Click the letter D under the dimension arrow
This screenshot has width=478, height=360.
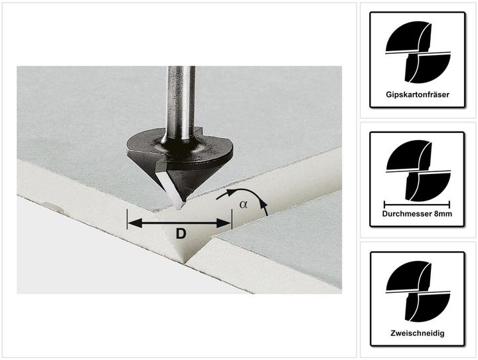pyautogui.click(x=181, y=234)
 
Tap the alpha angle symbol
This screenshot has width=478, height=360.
pyautogui.click(x=243, y=204)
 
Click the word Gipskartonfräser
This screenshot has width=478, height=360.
pyautogui.click(x=418, y=94)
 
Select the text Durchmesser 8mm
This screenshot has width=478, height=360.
pyautogui.click(x=417, y=214)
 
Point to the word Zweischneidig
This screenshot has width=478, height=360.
pyautogui.click(x=418, y=333)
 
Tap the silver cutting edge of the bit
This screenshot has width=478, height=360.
pyautogui.click(x=169, y=187)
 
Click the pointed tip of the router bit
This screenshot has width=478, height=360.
pyautogui.click(x=179, y=209)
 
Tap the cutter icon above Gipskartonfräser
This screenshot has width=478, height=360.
pyautogui.click(x=418, y=52)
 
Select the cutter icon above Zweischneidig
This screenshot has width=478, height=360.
pyautogui.click(x=418, y=291)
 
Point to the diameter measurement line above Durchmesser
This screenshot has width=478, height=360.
pyautogui.click(x=417, y=205)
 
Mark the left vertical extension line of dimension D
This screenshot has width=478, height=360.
pyautogui.click(x=127, y=219)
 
